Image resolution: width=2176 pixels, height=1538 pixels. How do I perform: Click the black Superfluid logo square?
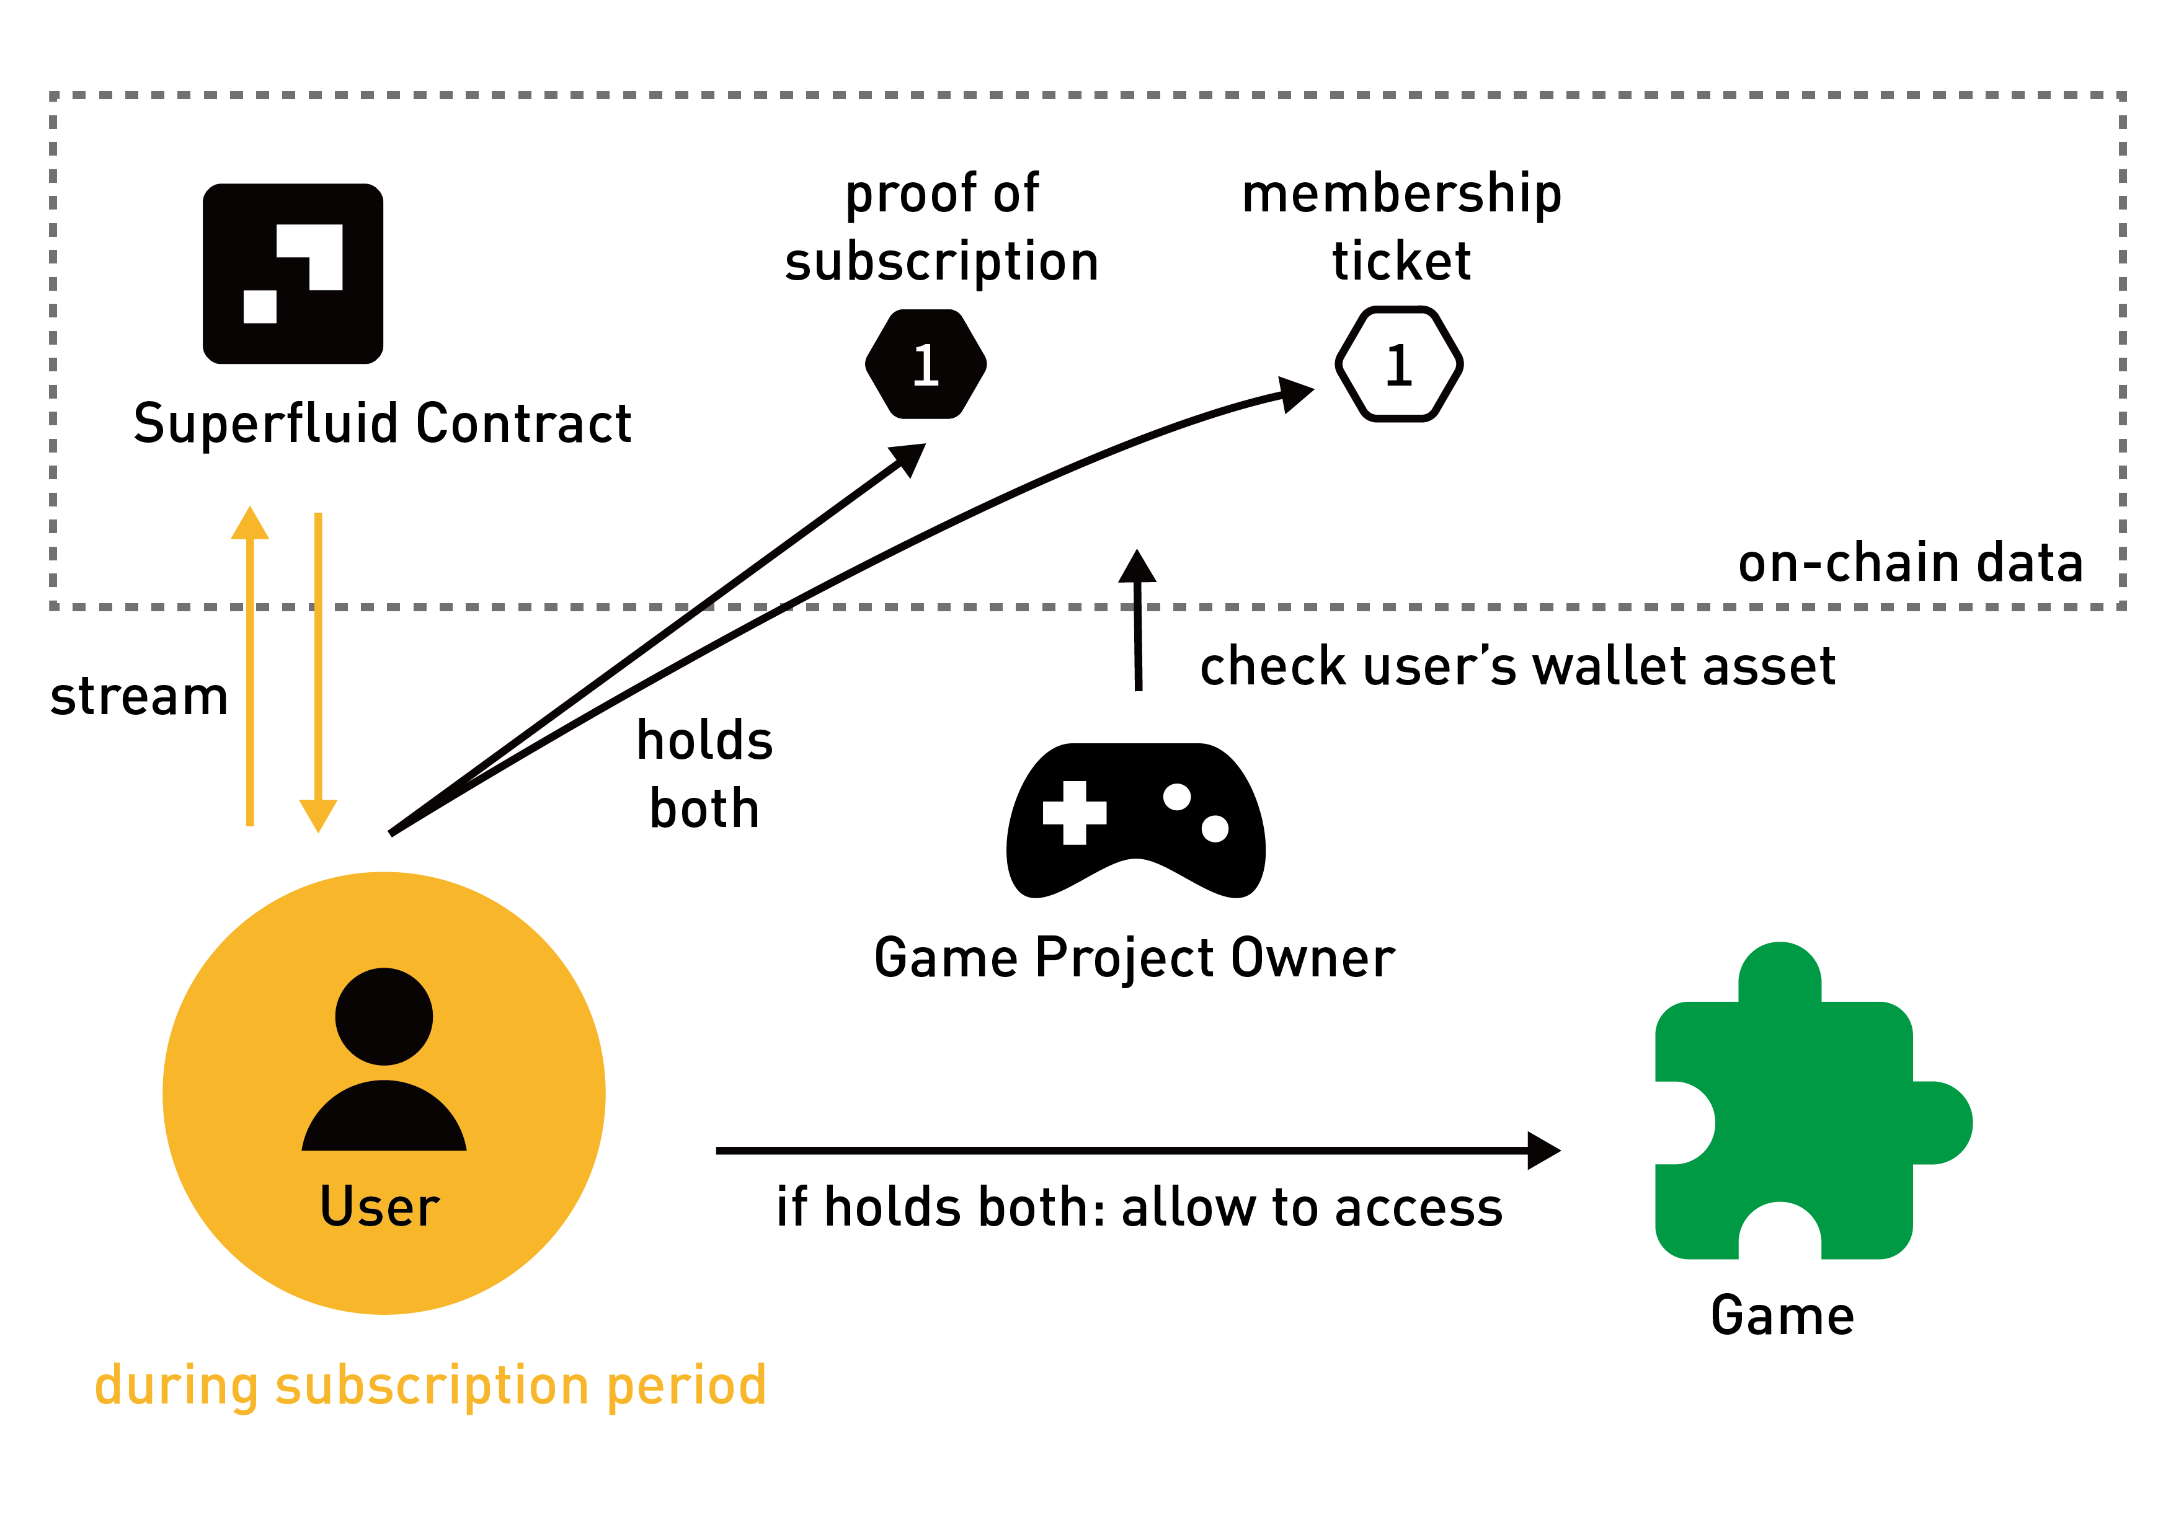[293, 274]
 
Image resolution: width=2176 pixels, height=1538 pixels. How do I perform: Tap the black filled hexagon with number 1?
[926, 364]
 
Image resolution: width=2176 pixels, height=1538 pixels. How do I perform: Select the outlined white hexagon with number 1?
[1399, 364]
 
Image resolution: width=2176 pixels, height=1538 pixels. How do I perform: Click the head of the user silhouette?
[384, 1017]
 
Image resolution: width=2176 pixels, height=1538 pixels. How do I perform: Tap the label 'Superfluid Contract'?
[382, 423]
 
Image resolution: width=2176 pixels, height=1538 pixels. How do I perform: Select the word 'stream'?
[140, 697]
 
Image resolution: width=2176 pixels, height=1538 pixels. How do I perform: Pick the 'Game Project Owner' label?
[1134, 957]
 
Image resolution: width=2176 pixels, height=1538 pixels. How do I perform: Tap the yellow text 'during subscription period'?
[430, 1386]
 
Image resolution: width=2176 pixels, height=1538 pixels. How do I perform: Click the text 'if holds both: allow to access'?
[1139, 1208]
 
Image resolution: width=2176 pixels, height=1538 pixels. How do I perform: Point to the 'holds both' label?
[704, 774]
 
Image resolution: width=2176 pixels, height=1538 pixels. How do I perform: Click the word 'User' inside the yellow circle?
[380, 1206]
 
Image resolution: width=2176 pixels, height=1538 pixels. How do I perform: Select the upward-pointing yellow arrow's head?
[250, 524]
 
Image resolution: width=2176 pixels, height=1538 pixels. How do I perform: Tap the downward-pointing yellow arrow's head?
[319, 814]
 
